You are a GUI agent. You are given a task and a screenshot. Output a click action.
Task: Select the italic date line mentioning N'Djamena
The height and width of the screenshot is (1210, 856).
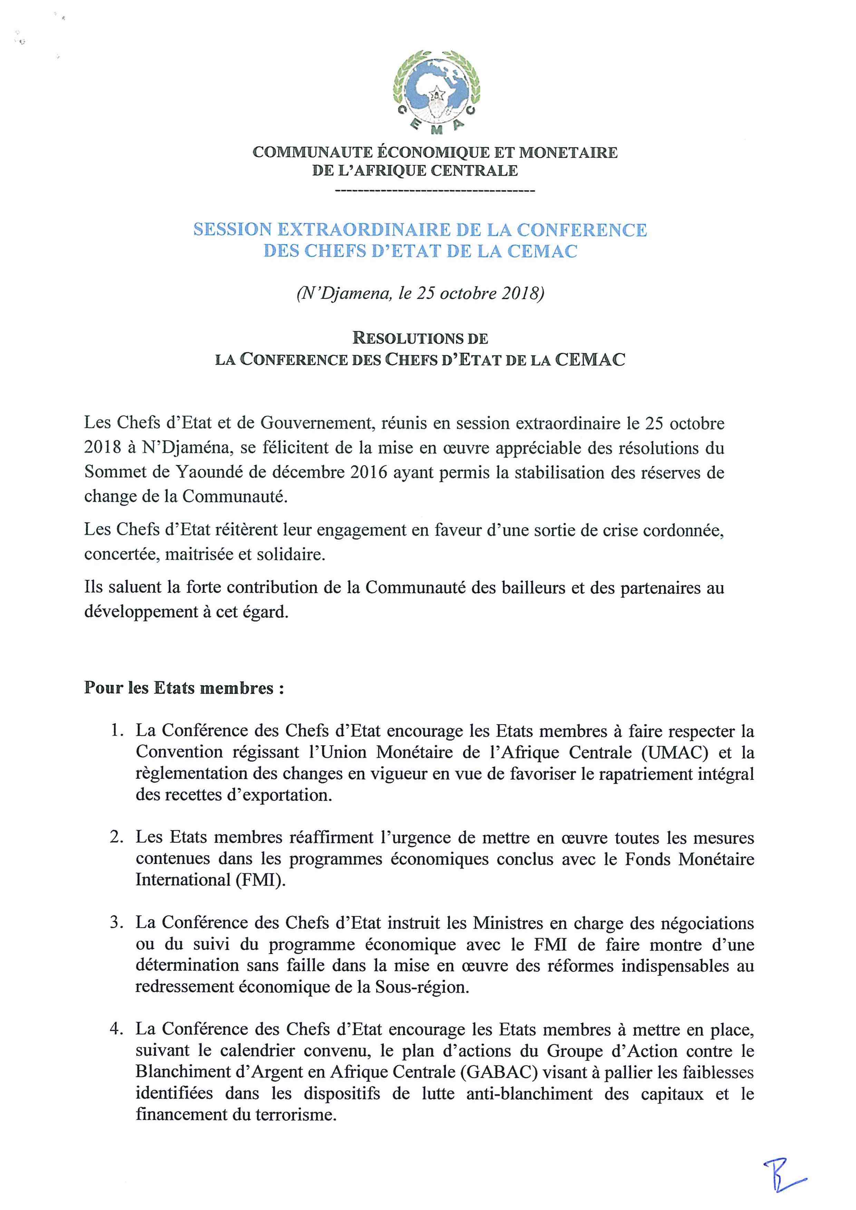tap(420, 293)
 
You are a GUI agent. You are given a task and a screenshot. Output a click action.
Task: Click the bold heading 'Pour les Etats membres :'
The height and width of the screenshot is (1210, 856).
tap(184, 688)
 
